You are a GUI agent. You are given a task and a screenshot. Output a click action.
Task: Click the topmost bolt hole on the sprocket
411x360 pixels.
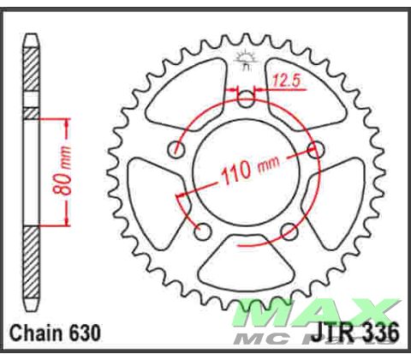[x=247, y=99]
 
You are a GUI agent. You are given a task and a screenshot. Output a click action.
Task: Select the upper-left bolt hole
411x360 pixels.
[x=177, y=149]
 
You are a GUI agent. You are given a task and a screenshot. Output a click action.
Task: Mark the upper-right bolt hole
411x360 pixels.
[x=315, y=151]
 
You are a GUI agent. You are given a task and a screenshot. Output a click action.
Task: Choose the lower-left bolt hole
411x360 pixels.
[x=204, y=231]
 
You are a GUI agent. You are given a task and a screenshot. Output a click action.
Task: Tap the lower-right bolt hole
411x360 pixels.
[x=289, y=231]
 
